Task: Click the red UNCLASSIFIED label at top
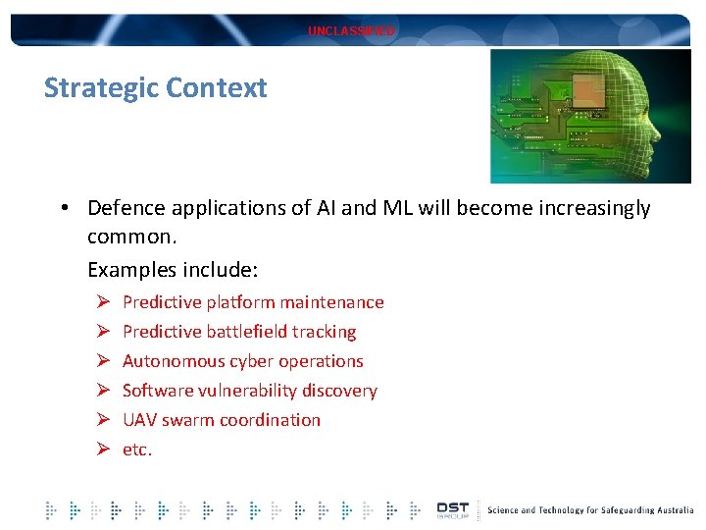351,31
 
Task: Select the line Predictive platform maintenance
253,302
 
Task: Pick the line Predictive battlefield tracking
239,332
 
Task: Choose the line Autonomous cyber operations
242,361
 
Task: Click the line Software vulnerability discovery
249,391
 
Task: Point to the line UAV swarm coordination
222,420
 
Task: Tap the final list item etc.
137,450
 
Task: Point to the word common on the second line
126,238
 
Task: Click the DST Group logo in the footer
452,509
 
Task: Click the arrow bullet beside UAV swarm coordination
101,420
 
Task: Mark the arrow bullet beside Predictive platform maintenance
101,302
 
